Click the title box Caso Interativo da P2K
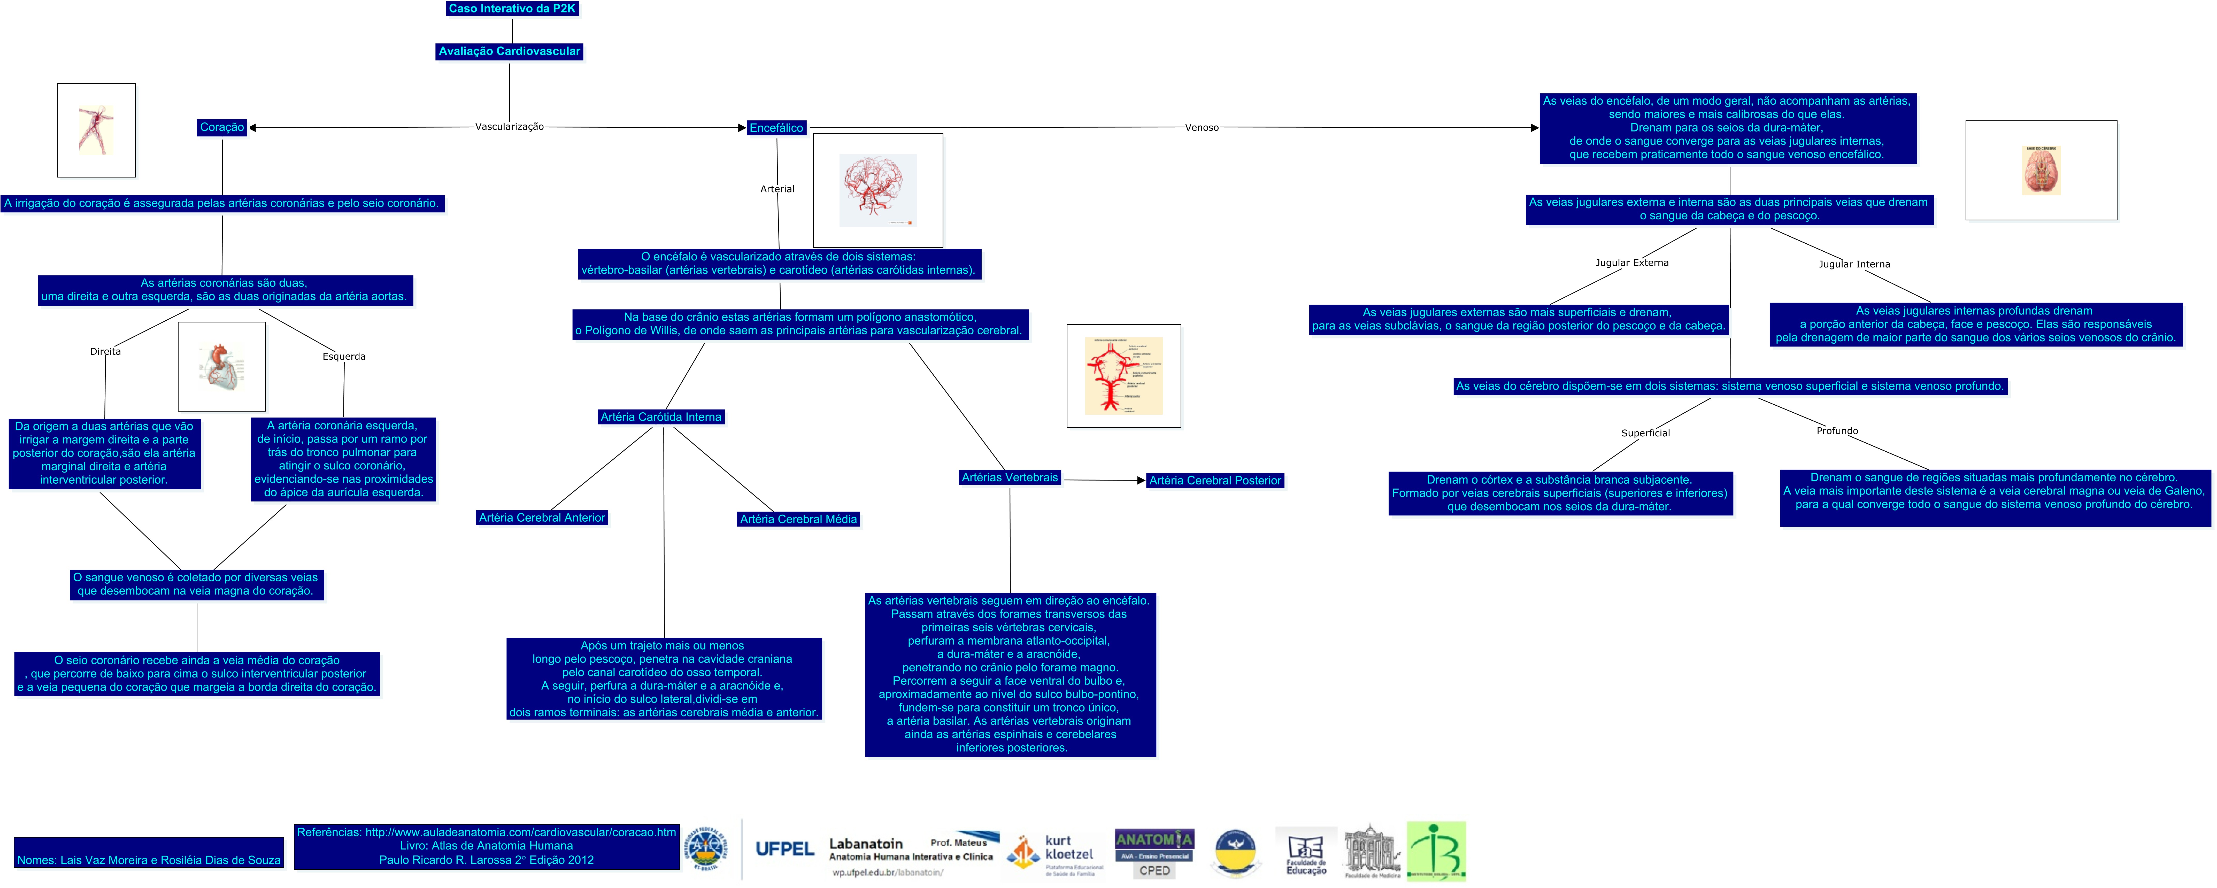[512, 9]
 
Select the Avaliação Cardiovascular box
[510, 52]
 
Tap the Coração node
[222, 127]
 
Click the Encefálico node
[776, 128]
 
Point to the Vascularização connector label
[510, 127]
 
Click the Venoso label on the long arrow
[1202, 127]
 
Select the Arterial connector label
[777, 189]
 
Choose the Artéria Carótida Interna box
[661, 417]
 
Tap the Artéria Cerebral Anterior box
[542, 518]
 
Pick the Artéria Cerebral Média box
[799, 520]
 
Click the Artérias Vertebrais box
[1010, 477]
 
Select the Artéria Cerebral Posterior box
[1215, 481]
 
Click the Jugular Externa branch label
[1632, 262]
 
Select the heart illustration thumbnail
[222, 367]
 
